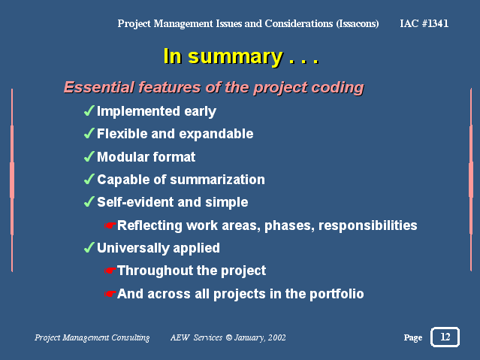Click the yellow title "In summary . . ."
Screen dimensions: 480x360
pyautogui.click(x=241, y=56)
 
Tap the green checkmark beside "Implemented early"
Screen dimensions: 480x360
pyautogui.click(x=89, y=110)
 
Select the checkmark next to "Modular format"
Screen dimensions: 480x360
pyautogui.click(x=89, y=156)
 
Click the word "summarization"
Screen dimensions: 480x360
pyautogui.click(x=217, y=180)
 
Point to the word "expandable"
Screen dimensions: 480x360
pyautogui.click(x=216, y=135)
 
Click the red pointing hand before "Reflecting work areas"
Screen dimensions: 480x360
pyautogui.click(x=110, y=225)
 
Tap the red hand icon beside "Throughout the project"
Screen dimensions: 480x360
pyautogui.click(x=110, y=271)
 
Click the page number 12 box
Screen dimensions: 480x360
pyautogui.click(x=445, y=337)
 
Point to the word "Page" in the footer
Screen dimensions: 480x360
pyautogui.click(x=413, y=337)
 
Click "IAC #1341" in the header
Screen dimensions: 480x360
pyautogui.click(x=424, y=23)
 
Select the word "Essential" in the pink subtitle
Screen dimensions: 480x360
pyautogui.click(x=99, y=87)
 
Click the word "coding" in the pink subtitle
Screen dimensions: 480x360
pyautogui.click(x=337, y=88)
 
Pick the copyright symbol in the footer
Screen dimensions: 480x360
pyautogui.click(x=228, y=337)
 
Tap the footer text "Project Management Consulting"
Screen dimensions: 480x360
pyautogui.click(x=92, y=337)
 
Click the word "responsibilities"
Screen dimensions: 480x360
pyautogui.click(x=367, y=225)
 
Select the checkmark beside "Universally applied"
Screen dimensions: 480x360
pyautogui.click(x=89, y=247)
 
